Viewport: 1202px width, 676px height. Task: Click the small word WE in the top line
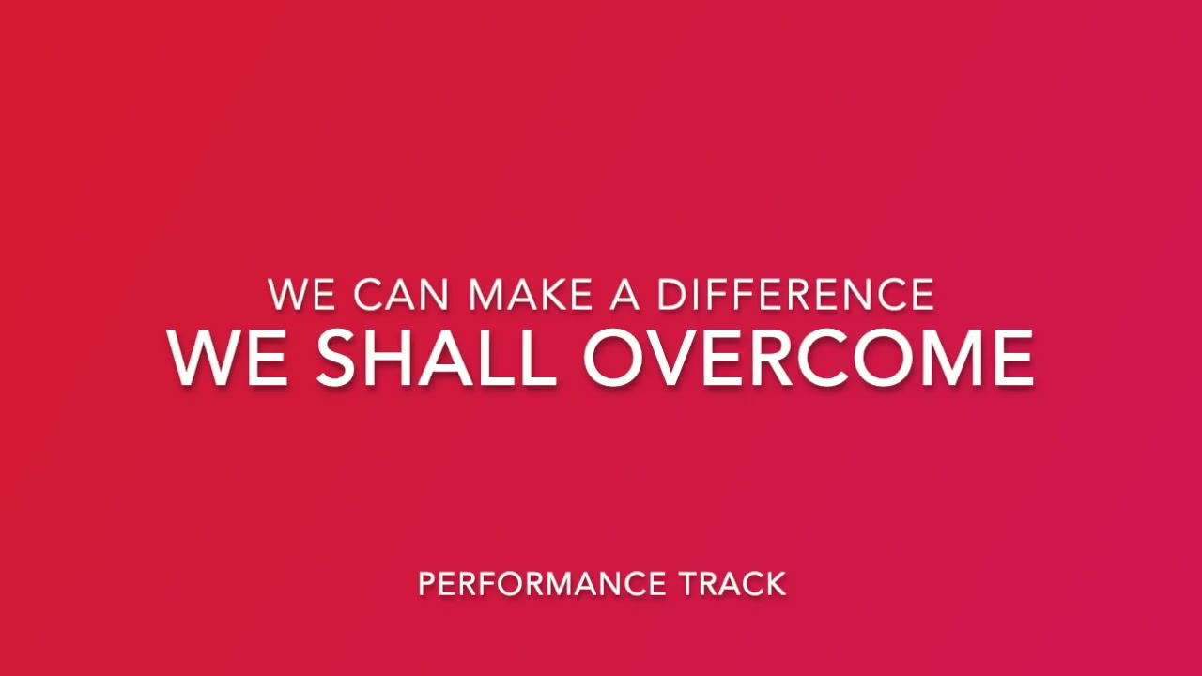pyautogui.click(x=301, y=294)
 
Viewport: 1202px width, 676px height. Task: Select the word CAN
pyautogui.click(x=401, y=294)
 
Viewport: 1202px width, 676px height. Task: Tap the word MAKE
pyautogui.click(x=531, y=294)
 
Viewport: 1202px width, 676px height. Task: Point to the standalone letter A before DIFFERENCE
pyautogui.click(x=624, y=294)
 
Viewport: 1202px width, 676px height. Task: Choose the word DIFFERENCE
pyautogui.click(x=796, y=294)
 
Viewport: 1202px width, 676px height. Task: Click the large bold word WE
pyautogui.click(x=227, y=358)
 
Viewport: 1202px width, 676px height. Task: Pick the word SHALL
pyautogui.click(x=436, y=358)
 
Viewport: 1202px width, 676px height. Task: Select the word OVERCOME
pyautogui.click(x=809, y=358)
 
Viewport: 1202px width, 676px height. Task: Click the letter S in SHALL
pyautogui.click(x=336, y=358)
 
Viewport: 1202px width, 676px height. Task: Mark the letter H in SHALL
pyautogui.click(x=393, y=358)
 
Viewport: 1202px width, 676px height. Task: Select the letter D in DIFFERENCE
pyautogui.click(x=673, y=294)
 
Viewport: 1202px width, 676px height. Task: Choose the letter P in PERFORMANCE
pyautogui.click(x=426, y=584)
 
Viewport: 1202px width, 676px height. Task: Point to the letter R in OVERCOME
pyautogui.click(x=772, y=358)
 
